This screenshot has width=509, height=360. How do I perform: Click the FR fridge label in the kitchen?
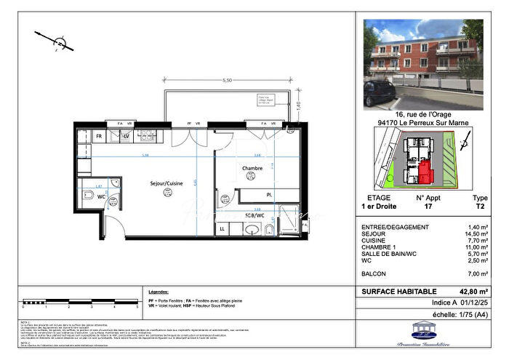click(99, 136)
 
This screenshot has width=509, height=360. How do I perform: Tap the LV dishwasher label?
click(126, 136)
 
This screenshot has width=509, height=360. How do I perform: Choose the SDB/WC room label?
click(254, 215)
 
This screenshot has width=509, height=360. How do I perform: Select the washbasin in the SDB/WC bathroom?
click(252, 230)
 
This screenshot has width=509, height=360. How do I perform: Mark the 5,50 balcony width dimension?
click(227, 80)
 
